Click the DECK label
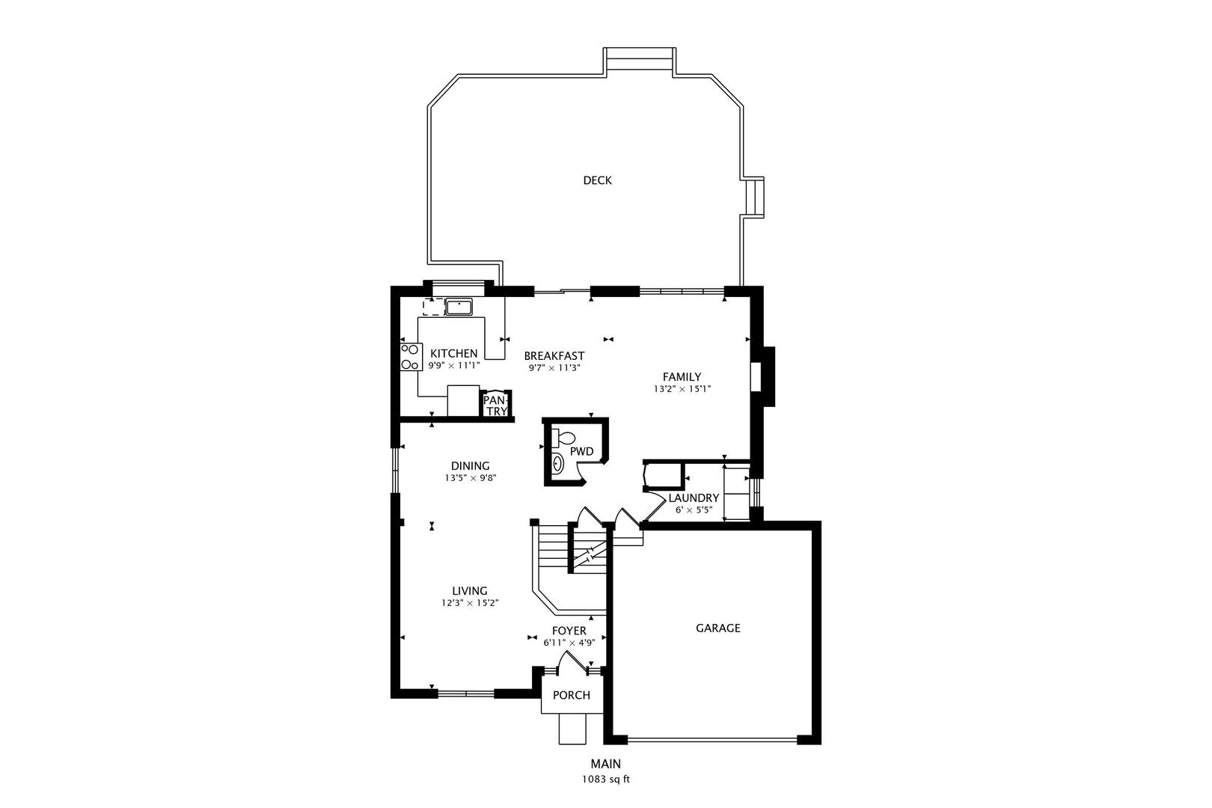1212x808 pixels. point(597,180)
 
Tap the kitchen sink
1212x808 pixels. point(459,307)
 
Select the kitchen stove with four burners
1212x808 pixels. point(411,357)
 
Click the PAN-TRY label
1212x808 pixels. point(495,405)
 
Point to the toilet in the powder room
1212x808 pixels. point(563,437)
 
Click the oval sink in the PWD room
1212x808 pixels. point(557,464)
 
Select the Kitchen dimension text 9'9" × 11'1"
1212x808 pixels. point(454,365)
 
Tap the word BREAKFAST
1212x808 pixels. point(554,355)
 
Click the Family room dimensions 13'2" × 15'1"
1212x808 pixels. point(682,388)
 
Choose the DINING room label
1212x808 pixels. point(470,465)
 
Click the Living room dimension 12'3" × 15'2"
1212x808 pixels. point(470,603)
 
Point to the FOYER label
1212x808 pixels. point(569,631)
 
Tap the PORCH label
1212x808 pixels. point(572,695)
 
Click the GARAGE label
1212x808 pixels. point(718,628)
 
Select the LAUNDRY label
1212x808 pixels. point(694,498)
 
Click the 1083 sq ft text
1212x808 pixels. point(606,780)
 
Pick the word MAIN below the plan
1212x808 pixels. point(606,764)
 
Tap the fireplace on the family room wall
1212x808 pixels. point(763,376)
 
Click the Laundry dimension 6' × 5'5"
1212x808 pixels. point(694,509)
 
